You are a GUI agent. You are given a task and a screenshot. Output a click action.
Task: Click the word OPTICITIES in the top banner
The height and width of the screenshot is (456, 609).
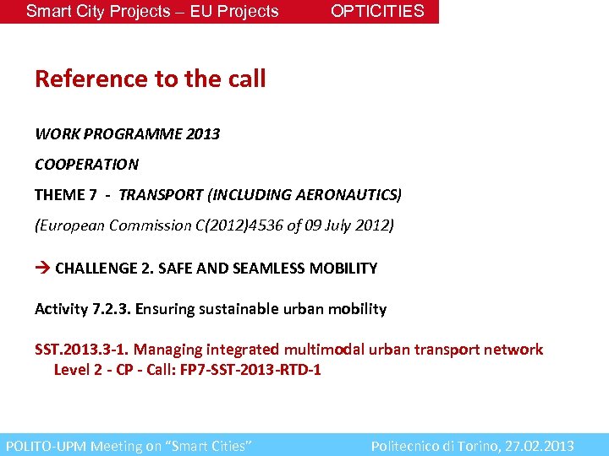pos(377,11)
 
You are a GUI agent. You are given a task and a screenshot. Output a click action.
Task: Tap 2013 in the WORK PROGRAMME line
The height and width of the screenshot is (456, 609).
pos(202,134)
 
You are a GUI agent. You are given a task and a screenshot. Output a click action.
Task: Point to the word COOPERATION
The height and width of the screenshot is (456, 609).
pos(86,164)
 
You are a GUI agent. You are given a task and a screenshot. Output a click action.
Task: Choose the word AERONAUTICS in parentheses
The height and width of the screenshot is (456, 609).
pos(346,195)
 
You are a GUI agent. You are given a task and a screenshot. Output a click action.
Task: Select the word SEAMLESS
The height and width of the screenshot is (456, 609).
pos(246,269)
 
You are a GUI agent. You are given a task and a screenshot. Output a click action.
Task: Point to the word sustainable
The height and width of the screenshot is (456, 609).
pos(236,309)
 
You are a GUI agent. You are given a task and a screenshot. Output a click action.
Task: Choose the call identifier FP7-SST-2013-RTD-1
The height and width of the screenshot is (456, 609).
pos(250,370)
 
